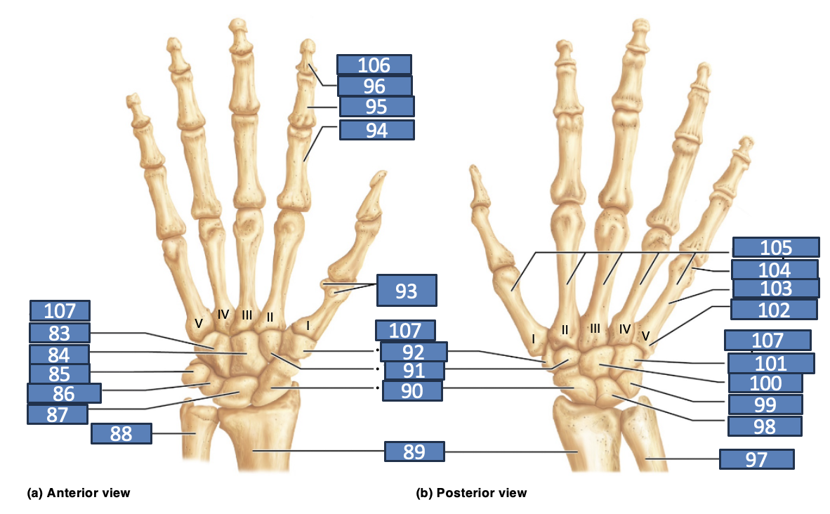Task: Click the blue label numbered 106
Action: pyautogui.click(x=374, y=65)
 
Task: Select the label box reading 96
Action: pyautogui.click(x=375, y=86)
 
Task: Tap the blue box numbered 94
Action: pyautogui.click(x=377, y=130)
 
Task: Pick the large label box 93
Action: pyautogui.click(x=407, y=290)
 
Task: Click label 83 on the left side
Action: pyautogui.click(x=60, y=333)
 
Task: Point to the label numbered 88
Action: pyautogui.click(x=121, y=433)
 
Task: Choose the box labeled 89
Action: pyautogui.click(x=414, y=452)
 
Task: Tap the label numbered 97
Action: pyautogui.click(x=756, y=459)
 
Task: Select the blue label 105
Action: pyautogui.click(x=776, y=247)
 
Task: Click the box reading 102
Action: pyautogui.click(x=774, y=310)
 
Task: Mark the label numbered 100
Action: pyautogui.click(x=765, y=383)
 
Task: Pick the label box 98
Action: pyautogui.click(x=765, y=426)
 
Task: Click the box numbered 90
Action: pyautogui.click(x=412, y=390)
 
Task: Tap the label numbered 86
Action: pyautogui.click(x=64, y=393)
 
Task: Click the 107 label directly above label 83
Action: pyautogui.click(x=60, y=311)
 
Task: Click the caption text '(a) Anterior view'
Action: pyautogui.click(x=79, y=493)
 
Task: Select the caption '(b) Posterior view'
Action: pyautogui.click(x=471, y=493)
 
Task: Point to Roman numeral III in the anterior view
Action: pyautogui.click(x=246, y=315)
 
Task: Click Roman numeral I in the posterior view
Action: pyautogui.click(x=533, y=338)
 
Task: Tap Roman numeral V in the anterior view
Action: pyautogui.click(x=199, y=323)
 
